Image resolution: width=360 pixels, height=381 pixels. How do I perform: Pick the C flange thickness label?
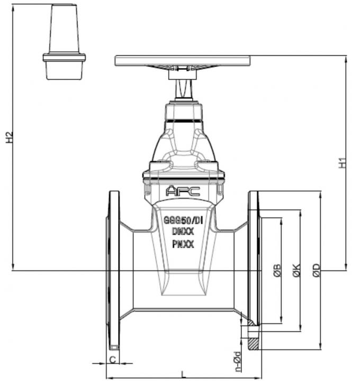[x=112, y=359]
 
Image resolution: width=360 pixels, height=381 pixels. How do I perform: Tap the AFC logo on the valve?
[x=183, y=191]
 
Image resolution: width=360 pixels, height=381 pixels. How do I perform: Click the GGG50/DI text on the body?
[x=183, y=220]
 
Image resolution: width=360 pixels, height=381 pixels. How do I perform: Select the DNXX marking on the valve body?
[x=183, y=231]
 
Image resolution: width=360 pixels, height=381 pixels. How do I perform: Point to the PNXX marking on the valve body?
[x=183, y=244]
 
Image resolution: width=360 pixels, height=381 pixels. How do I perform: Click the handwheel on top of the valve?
[x=183, y=60]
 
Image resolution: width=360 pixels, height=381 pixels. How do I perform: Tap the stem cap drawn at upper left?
[x=64, y=42]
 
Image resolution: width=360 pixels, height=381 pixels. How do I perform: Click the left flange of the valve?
[x=113, y=270]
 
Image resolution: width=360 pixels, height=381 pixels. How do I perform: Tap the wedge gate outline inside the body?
[x=183, y=280]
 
